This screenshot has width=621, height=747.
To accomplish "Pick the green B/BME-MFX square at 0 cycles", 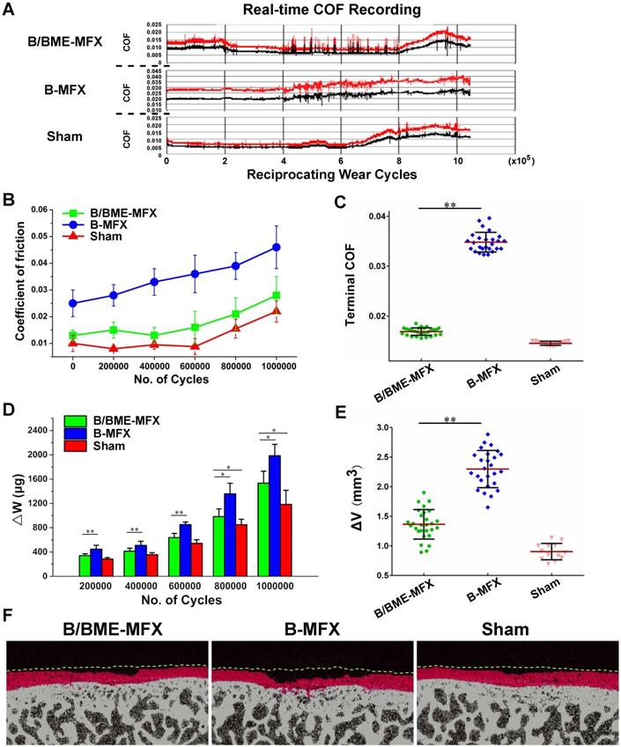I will [x=73, y=336].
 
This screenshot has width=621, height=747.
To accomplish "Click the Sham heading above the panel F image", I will [x=516, y=630].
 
